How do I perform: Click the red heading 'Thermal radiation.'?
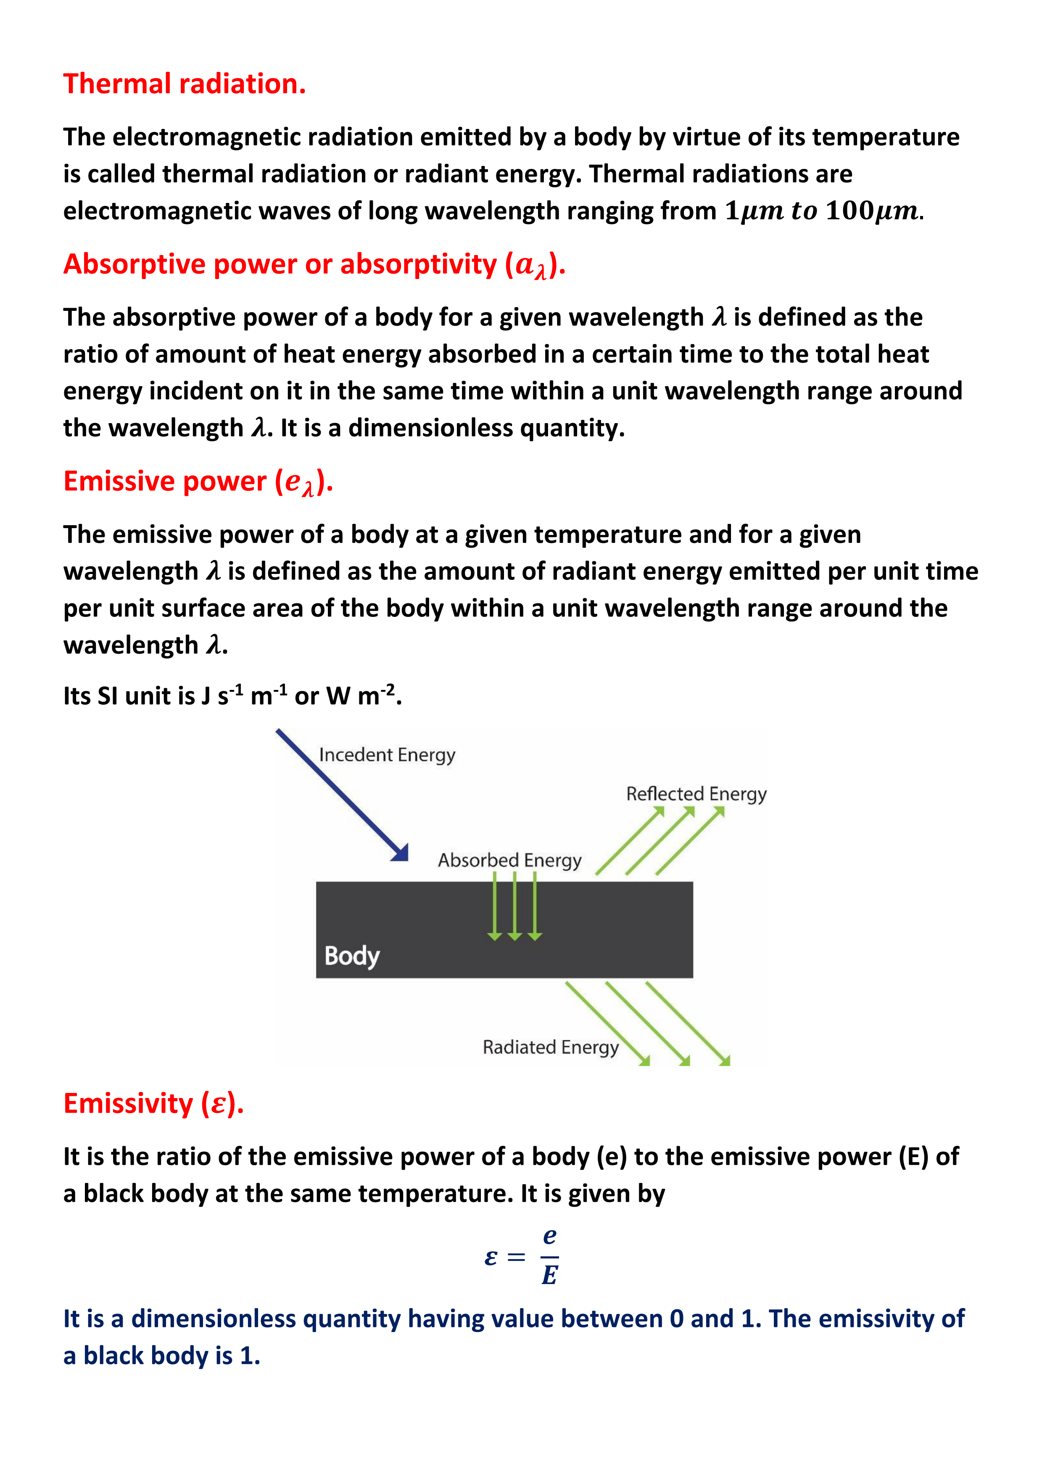(184, 84)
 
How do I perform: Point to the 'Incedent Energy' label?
(387, 755)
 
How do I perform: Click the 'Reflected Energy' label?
(696, 794)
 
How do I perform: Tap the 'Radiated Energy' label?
(550, 1047)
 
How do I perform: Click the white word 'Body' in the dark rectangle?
(352, 956)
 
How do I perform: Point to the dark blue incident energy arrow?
(340, 793)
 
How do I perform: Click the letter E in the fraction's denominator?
(549, 1276)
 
